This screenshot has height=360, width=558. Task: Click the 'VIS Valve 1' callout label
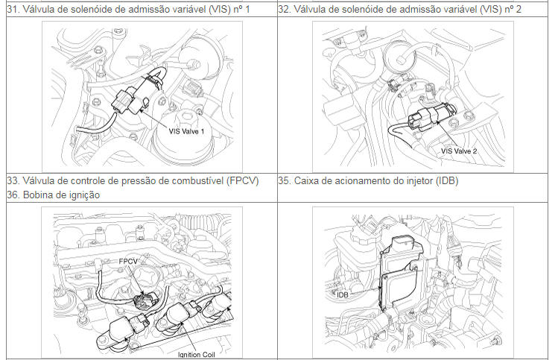click(x=186, y=131)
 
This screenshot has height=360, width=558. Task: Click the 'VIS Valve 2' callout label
click(x=459, y=151)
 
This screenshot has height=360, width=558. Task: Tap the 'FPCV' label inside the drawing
click(x=127, y=261)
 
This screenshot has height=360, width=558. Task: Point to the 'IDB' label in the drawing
click(x=343, y=295)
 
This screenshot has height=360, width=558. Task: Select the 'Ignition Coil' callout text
click(x=197, y=355)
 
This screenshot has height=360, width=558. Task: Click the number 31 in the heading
click(x=13, y=9)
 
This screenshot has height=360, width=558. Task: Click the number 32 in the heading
click(x=284, y=9)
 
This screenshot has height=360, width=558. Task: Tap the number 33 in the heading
click(x=13, y=180)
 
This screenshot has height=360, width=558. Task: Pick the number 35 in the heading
click(x=284, y=180)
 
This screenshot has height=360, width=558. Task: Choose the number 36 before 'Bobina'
click(x=13, y=195)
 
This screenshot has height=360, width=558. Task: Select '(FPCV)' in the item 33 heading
click(x=242, y=180)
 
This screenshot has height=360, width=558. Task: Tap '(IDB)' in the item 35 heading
click(x=446, y=180)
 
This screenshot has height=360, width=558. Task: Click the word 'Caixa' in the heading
click(x=305, y=180)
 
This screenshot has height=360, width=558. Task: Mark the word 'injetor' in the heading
click(x=419, y=181)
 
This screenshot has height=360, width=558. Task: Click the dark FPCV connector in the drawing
click(x=145, y=301)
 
